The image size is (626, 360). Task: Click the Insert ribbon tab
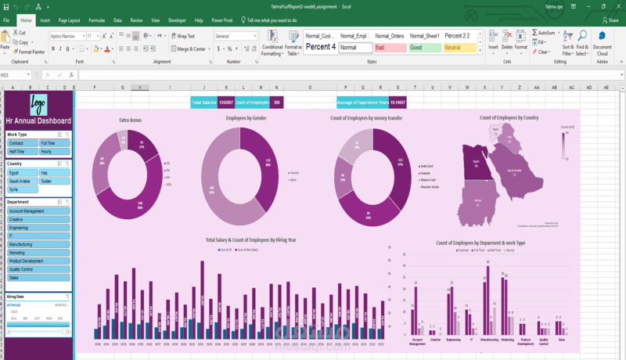point(45,20)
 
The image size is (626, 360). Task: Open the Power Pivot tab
point(222,20)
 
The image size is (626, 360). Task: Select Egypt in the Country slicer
point(22,171)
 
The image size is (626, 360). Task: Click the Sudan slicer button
point(55,181)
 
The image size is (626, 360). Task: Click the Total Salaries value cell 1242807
point(226,103)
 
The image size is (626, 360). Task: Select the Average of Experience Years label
point(362,103)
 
